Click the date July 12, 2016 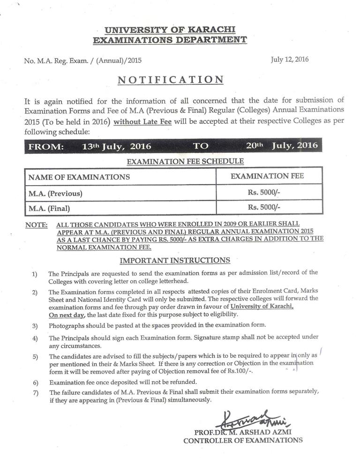(290, 60)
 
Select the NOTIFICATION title (170, 79)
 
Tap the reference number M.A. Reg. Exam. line (82, 60)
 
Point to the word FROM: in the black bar (46, 146)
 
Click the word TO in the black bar (200, 146)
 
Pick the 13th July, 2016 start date (117, 146)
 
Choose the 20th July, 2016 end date (282, 146)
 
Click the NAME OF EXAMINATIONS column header (79, 177)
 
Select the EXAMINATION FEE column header (268, 176)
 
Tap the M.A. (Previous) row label (55, 193)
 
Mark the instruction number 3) (35, 325)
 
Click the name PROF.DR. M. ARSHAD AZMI (242, 432)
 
